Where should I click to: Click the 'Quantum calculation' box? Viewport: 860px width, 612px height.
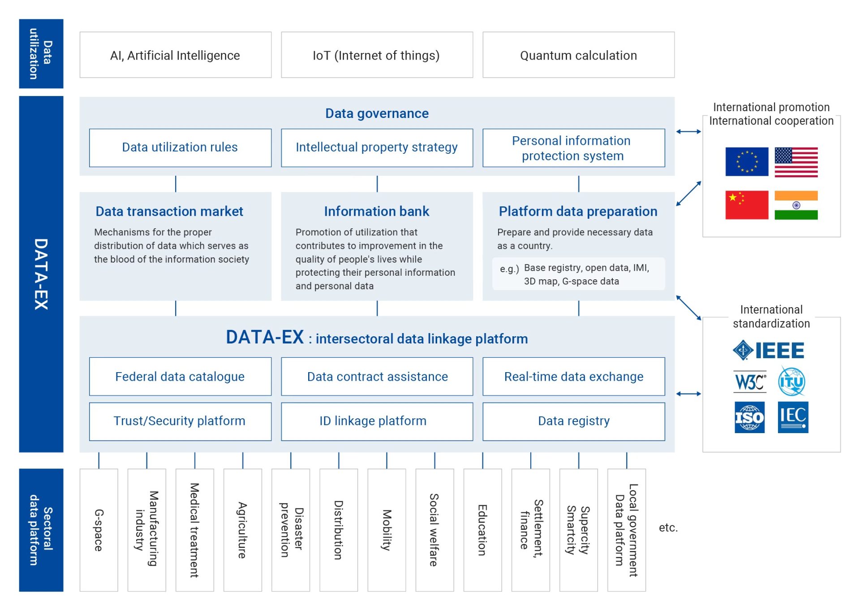578,55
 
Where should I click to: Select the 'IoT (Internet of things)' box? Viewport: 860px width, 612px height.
377,55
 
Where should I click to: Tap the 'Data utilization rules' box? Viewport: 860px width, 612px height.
180,148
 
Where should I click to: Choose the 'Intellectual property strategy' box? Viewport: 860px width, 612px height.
377,148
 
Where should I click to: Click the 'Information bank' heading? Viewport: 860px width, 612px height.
377,211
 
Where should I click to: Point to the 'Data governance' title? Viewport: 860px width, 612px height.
377,113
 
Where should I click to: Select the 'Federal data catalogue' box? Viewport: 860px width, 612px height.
180,377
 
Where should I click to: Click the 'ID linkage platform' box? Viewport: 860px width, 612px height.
377,421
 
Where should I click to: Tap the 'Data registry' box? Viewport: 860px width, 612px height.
574,421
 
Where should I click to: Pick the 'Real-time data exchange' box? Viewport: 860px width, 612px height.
574,377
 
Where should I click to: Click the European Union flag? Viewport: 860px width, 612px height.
747,162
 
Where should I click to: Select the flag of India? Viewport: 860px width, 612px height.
796,205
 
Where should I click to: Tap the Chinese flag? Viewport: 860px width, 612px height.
747,205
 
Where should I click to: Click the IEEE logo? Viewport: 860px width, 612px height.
769,351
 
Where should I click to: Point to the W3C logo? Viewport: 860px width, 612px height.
750,382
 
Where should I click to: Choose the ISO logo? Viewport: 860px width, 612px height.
749,417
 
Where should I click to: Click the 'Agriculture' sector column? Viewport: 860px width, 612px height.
242,530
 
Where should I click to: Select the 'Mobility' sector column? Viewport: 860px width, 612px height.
387,530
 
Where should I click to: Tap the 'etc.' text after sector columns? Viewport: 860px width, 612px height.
668,528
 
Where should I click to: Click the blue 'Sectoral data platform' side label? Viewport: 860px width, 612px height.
41,530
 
